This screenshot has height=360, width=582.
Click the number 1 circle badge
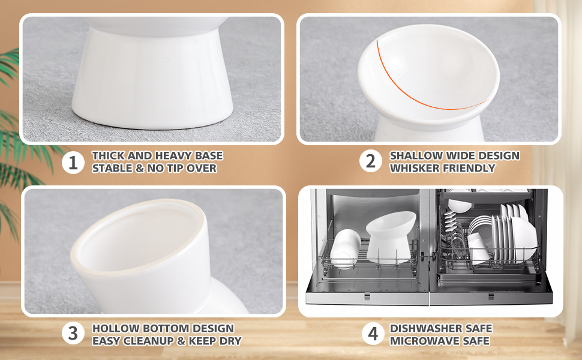[x=73, y=163]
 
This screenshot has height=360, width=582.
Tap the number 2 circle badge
[x=370, y=161]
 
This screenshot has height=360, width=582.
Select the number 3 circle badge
[x=73, y=333]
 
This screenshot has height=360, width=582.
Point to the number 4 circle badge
[x=373, y=333]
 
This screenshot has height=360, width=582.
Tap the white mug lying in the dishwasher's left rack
[x=345, y=248]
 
